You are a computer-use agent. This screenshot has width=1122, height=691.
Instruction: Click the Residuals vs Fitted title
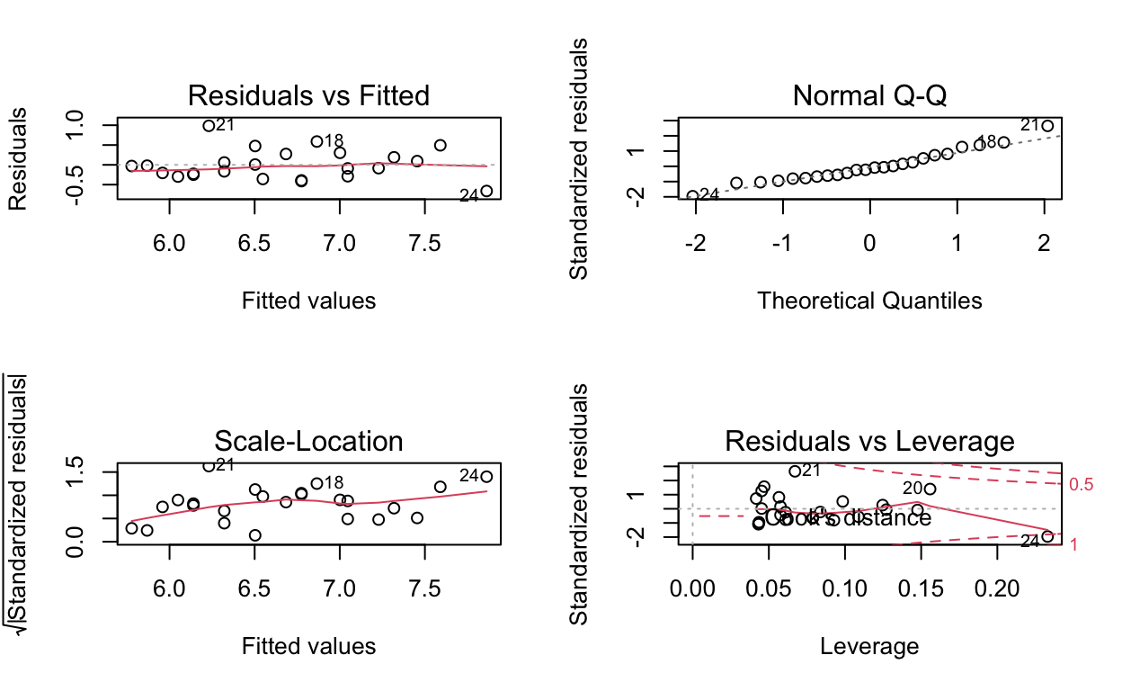coord(307,95)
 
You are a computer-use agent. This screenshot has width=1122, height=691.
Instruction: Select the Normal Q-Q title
coord(869,95)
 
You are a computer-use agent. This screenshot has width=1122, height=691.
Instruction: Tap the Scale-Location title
coord(307,441)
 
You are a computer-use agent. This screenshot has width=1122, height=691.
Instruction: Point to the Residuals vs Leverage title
coord(869,441)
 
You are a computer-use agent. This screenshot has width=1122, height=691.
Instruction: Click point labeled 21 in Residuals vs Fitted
coord(209,126)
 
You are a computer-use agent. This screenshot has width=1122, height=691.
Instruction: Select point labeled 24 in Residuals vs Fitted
coord(486,191)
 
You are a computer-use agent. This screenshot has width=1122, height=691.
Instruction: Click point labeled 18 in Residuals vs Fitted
coord(316,141)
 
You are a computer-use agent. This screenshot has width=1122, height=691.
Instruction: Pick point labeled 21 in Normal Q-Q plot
coord(1047,126)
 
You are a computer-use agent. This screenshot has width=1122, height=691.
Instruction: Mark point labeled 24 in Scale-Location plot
coord(486,477)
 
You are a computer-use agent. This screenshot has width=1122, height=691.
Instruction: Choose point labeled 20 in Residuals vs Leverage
coord(930,489)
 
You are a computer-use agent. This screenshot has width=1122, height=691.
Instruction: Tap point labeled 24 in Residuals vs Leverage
coord(1047,536)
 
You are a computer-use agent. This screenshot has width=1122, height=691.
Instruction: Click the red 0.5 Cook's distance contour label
coord(1082,485)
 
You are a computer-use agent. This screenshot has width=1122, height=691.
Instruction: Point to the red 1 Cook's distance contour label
coord(1075,544)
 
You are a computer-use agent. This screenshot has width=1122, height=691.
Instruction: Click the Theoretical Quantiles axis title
coord(869,301)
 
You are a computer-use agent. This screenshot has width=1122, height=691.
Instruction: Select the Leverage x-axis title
coord(869,646)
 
